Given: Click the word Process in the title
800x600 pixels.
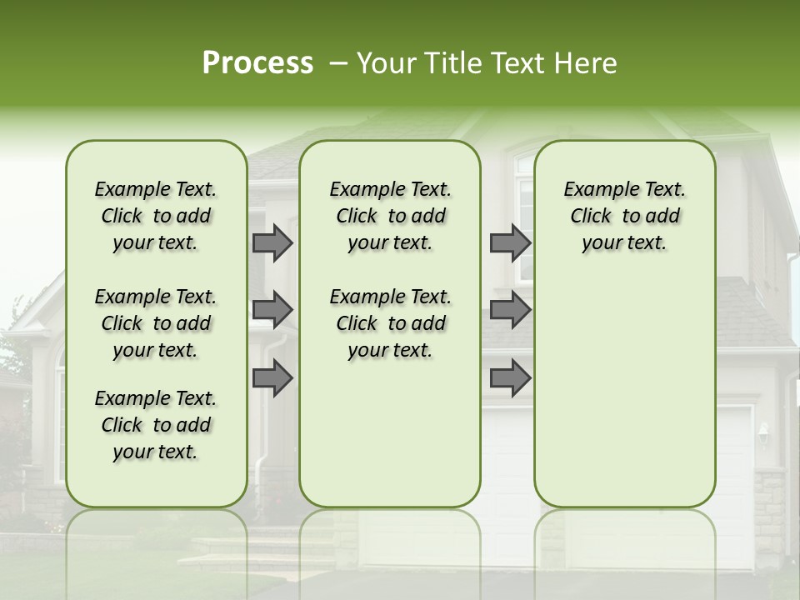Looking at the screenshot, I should [x=257, y=63].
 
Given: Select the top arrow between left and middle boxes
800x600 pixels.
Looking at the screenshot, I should [x=272, y=242].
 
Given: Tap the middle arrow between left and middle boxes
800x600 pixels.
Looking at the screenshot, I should [x=272, y=310].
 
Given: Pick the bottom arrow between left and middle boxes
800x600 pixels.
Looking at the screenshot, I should [x=272, y=377].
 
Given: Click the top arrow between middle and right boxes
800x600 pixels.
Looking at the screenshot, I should [x=510, y=242].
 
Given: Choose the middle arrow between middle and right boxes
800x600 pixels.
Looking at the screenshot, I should [x=510, y=310].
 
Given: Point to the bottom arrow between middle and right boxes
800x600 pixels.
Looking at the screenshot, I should [x=510, y=377].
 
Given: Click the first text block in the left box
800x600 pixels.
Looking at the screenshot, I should [x=156, y=216].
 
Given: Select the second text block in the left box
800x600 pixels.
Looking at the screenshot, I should [x=156, y=323].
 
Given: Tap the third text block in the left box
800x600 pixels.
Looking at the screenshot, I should [x=156, y=425].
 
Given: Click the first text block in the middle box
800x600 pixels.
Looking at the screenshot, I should [x=390, y=216].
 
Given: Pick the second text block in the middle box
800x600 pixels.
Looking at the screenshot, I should [x=390, y=323].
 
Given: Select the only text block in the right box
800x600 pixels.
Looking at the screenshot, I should [x=625, y=216].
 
